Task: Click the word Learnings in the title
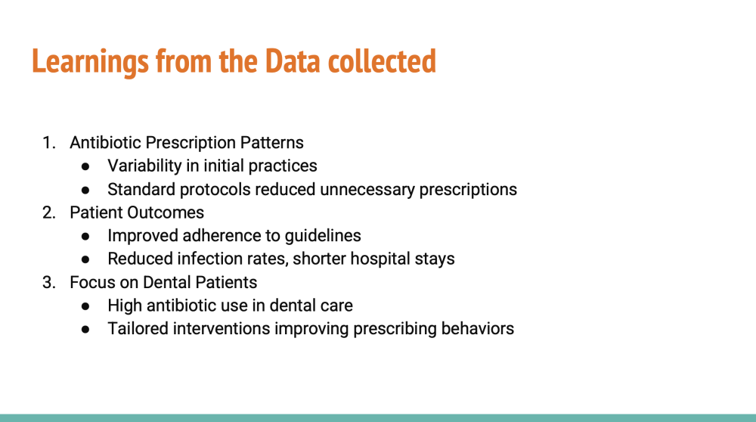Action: point(90,62)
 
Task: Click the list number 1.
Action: point(48,143)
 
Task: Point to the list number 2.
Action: point(48,213)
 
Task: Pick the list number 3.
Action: point(48,283)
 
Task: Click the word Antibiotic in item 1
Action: point(105,143)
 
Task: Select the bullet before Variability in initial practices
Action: point(86,167)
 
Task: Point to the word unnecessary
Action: point(367,190)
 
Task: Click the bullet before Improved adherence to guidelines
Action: point(86,237)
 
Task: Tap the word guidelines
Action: point(323,236)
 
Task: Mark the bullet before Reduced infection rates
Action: point(86,260)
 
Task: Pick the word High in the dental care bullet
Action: point(125,306)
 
